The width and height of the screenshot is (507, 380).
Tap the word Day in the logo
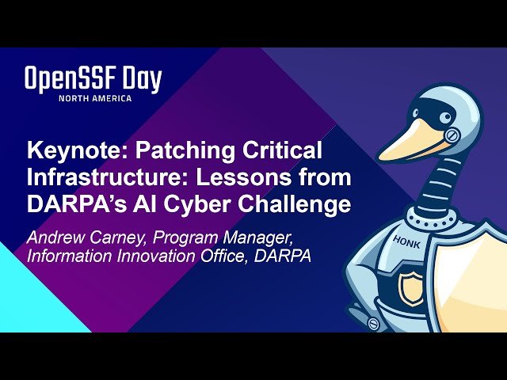pos(142,81)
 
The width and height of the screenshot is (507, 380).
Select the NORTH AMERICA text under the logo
pos(94,98)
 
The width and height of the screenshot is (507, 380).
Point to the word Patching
pos(180,151)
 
